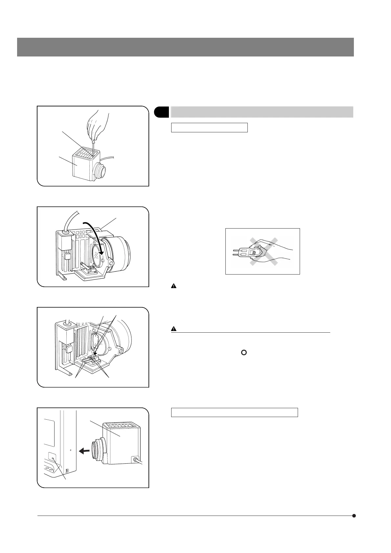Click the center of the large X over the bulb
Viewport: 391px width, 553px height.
[x=263, y=252]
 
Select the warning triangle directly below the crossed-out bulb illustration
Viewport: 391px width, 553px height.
[x=174, y=286]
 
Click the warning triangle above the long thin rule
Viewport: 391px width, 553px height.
[x=174, y=329]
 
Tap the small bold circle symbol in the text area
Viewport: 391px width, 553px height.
[x=244, y=352]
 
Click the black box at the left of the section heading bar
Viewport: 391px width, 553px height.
[x=161, y=112]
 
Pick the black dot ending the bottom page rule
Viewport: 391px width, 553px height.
[x=354, y=516]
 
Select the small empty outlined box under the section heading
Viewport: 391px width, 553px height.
[x=209, y=127]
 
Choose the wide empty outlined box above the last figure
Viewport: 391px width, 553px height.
[x=234, y=412]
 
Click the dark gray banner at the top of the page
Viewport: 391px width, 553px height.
[x=185, y=47]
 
